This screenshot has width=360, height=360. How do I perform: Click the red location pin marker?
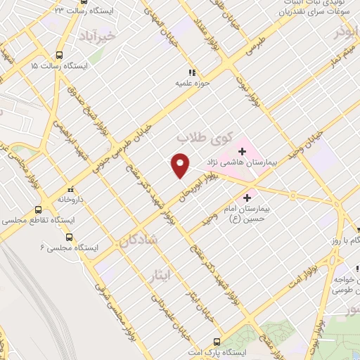coord(181,165)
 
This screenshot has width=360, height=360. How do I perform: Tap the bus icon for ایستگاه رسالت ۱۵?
coord(58,54)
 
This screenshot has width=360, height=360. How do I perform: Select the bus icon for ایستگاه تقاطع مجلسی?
coord(38,210)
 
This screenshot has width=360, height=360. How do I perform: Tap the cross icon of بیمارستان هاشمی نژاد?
coord(242,151)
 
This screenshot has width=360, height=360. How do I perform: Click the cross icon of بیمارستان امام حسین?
coord(246,198)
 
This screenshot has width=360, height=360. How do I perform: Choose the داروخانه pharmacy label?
coord(70,200)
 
